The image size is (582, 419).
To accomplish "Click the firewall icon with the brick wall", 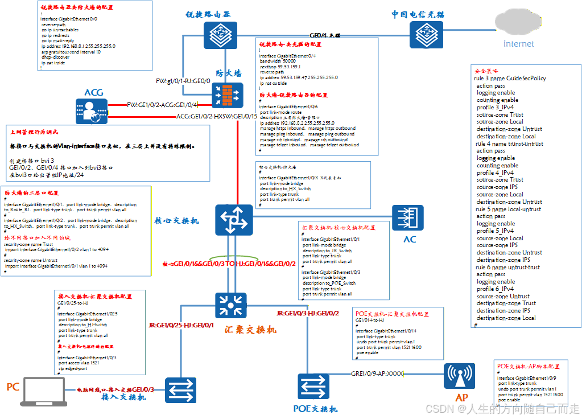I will (228, 95).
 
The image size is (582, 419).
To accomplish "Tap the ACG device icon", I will (92, 112).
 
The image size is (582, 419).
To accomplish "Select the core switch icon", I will (233, 219).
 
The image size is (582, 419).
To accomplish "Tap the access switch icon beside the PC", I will (181, 391).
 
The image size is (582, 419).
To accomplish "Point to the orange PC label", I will (13, 387).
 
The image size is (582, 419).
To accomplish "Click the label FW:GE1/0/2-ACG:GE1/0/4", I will (162, 105).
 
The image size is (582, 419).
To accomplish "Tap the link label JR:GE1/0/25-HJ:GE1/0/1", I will (181, 325).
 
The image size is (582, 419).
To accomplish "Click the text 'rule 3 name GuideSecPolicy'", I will (510, 78).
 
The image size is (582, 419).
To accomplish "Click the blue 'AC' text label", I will (410, 239).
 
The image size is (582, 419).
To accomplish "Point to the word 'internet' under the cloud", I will (519, 44).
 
